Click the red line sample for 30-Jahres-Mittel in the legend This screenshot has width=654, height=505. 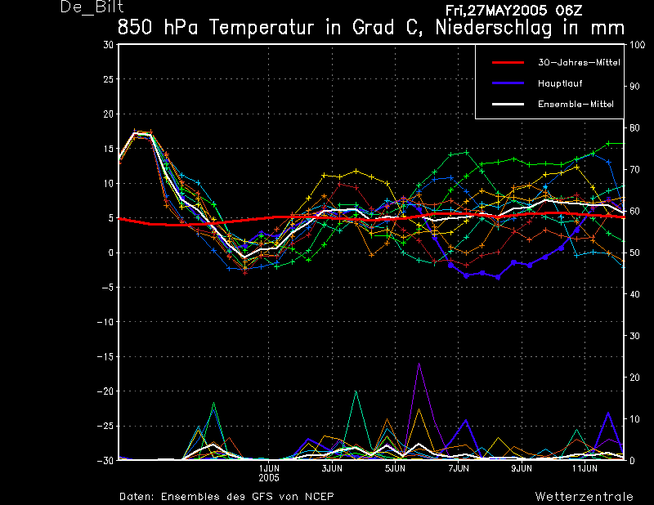pyautogui.click(x=508, y=63)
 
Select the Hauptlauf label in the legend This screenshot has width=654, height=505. pyautogui.click(x=560, y=83)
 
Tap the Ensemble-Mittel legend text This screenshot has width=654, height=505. pyautogui.click(x=576, y=105)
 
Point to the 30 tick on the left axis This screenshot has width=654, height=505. pyautogui.click(x=109, y=45)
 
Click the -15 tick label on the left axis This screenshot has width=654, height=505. pyautogui.click(x=105, y=356)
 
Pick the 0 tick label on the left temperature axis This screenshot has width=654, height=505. pyautogui.click(x=111, y=252)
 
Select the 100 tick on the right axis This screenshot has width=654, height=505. pyautogui.click(x=637, y=45)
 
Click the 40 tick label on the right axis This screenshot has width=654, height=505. pyautogui.click(x=634, y=294)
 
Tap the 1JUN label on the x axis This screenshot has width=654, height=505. pyautogui.click(x=269, y=468)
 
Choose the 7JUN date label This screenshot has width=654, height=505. pyautogui.click(x=459, y=468)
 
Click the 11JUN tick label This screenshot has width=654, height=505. pyautogui.click(x=585, y=468)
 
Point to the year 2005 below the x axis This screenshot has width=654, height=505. pyautogui.click(x=269, y=478)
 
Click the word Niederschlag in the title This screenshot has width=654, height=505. pyautogui.click(x=494, y=28)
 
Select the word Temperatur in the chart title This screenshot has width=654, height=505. pyautogui.click(x=261, y=28)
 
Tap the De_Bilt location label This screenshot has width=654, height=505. pyautogui.click(x=92, y=7)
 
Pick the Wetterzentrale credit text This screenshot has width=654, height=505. pyautogui.click(x=585, y=496)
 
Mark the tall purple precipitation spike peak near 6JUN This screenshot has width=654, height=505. pyautogui.click(x=419, y=363)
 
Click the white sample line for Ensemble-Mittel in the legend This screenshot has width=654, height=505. pyautogui.click(x=508, y=105)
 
